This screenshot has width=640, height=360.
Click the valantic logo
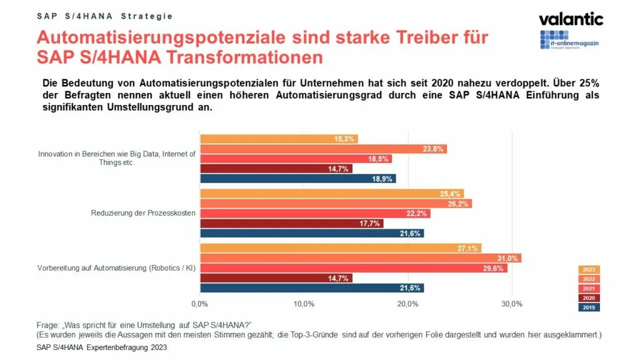(x=571, y=19)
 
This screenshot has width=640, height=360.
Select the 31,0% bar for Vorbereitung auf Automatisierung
(x=360, y=258)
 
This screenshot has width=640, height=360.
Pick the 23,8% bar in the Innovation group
(x=323, y=149)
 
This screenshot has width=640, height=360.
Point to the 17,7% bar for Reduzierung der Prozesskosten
(x=291, y=223)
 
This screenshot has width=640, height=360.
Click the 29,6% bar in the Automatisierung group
(x=353, y=268)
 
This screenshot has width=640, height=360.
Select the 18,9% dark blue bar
(x=297, y=179)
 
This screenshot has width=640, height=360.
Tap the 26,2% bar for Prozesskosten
(x=336, y=203)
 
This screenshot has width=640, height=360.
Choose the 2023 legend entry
(x=589, y=269)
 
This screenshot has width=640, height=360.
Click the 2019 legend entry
(x=589, y=307)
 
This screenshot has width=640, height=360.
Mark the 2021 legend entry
(x=589, y=288)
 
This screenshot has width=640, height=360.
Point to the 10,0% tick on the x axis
(x=304, y=304)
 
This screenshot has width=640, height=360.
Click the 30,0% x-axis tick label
(x=512, y=304)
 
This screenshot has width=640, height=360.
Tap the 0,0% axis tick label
(x=199, y=304)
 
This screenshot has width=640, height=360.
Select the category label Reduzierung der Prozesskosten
(x=144, y=213)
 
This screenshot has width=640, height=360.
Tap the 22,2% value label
(x=417, y=214)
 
